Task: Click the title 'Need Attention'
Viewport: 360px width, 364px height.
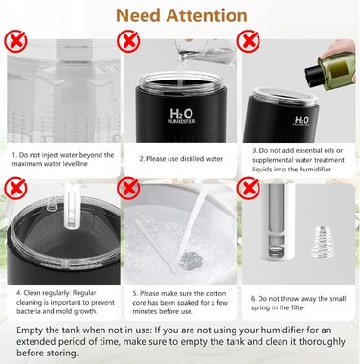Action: tap(179, 16)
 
